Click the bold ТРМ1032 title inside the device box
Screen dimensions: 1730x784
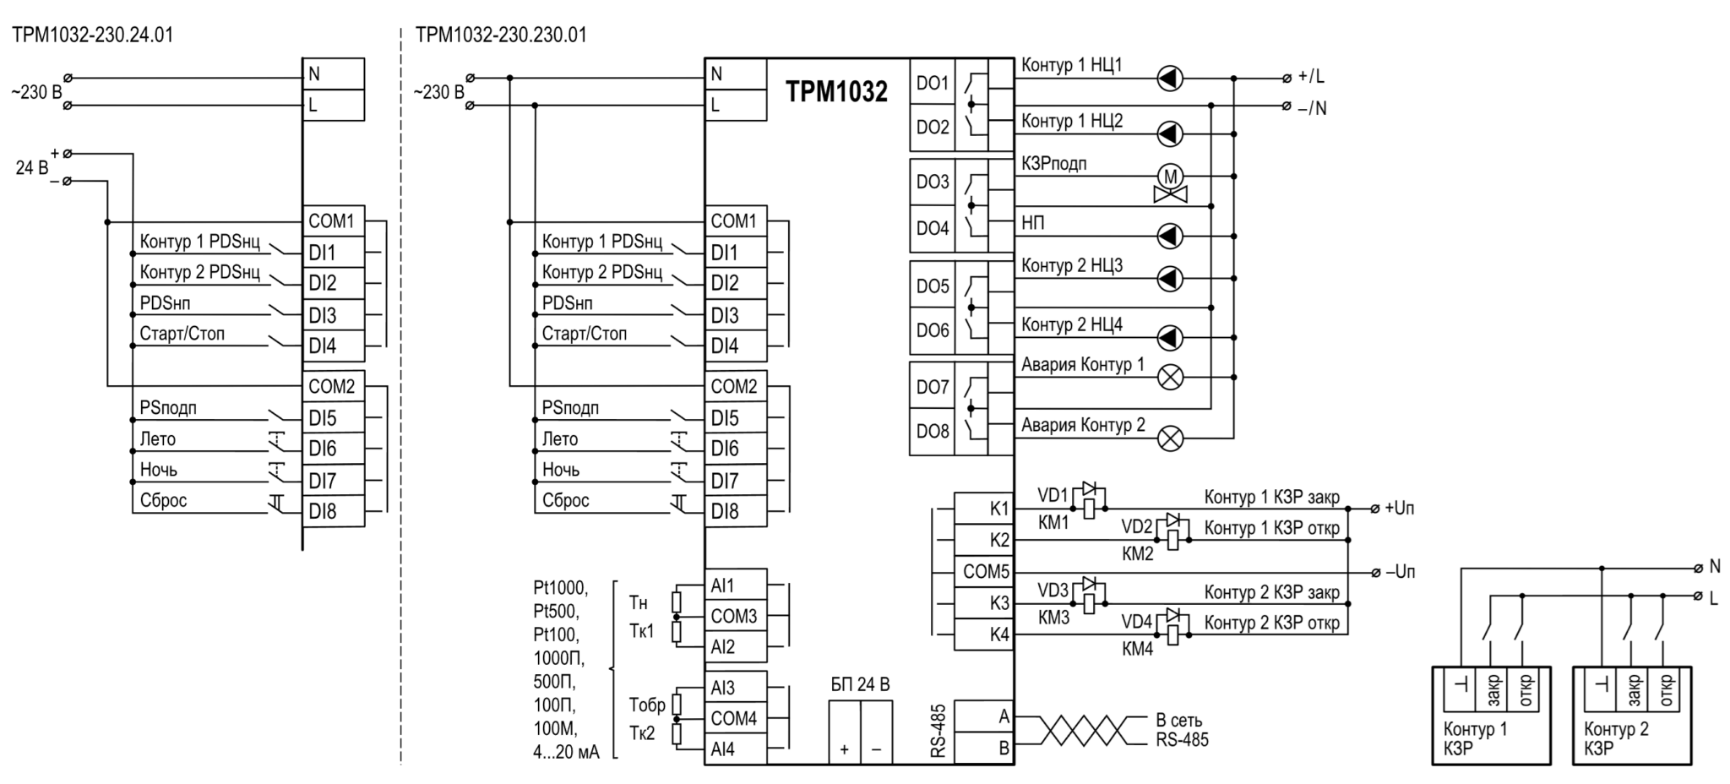(836, 91)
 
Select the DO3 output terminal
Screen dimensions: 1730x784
(933, 182)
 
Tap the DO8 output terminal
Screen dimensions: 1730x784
(933, 432)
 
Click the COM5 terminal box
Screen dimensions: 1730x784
(984, 571)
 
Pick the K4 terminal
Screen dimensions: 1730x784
(984, 634)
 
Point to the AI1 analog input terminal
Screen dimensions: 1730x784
(736, 585)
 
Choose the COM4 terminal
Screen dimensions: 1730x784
(736, 718)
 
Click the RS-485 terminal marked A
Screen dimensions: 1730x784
(984, 716)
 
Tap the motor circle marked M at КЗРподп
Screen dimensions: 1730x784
(1170, 177)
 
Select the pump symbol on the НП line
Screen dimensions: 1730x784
(1170, 236)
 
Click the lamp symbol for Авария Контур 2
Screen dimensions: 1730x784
(1170, 438)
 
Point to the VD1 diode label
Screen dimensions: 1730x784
(1053, 494)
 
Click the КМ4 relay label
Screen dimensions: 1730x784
(1138, 649)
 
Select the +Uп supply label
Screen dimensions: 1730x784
(1400, 509)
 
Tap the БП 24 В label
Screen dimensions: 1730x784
(860, 684)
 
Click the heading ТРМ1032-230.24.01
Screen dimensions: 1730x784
(93, 35)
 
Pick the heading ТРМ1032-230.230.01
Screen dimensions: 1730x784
(501, 35)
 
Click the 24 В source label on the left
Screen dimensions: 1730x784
(32, 167)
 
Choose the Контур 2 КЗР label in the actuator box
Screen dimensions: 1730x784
(1616, 738)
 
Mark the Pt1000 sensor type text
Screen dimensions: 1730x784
(560, 587)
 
